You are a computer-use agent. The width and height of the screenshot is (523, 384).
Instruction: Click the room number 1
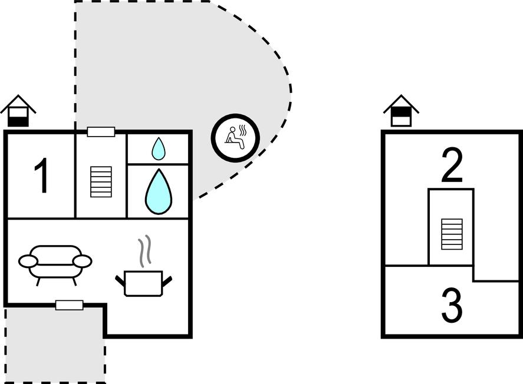(41, 176)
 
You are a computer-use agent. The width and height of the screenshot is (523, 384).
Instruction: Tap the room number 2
(452, 165)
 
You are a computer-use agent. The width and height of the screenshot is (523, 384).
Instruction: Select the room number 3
(452, 306)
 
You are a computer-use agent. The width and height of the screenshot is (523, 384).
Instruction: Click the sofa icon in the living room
(55, 263)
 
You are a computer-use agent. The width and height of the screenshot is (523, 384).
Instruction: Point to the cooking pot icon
(143, 283)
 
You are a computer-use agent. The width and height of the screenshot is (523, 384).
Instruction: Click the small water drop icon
(158, 148)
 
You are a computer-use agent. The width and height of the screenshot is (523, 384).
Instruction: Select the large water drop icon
(158, 191)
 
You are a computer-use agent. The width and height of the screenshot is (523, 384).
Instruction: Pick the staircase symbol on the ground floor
(101, 182)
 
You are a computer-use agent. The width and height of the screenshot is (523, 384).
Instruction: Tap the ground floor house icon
(18, 111)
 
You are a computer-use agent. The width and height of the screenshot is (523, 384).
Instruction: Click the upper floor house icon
(401, 111)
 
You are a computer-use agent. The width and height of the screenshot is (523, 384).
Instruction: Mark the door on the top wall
(101, 132)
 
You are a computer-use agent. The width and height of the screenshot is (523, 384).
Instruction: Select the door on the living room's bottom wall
(70, 304)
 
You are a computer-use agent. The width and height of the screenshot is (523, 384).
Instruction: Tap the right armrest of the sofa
(83, 261)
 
